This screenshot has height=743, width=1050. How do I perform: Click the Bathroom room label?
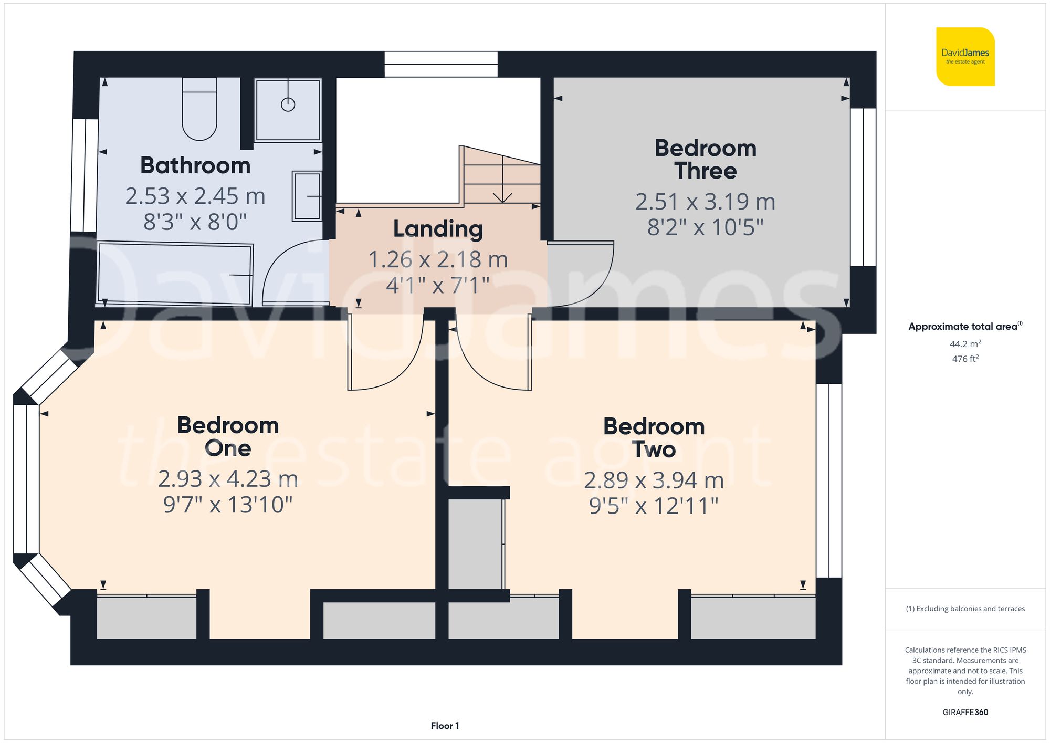[195, 165]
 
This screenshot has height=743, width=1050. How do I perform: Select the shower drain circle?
[288, 104]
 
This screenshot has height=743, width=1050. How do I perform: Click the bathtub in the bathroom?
[175, 274]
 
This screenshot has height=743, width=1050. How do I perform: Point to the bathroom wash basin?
[307, 196]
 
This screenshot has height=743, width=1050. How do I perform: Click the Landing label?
[438, 229]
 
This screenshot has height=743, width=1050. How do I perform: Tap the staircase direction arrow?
[503, 197]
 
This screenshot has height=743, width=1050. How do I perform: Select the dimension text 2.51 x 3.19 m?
[705, 202]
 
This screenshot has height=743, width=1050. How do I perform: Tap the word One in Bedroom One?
[227, 448]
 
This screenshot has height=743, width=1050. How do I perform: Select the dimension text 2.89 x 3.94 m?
[654, 480]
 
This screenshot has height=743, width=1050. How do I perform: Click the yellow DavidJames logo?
[965, 57]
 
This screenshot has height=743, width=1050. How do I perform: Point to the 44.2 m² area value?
[965, 344]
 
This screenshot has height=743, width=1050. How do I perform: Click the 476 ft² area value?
[965, 359]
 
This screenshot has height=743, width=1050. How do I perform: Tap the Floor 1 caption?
[445, 726]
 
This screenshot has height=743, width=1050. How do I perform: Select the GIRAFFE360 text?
[965, 712]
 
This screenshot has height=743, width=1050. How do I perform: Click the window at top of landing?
[441, 64]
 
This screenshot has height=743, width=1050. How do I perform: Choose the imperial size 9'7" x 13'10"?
[227, 505]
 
